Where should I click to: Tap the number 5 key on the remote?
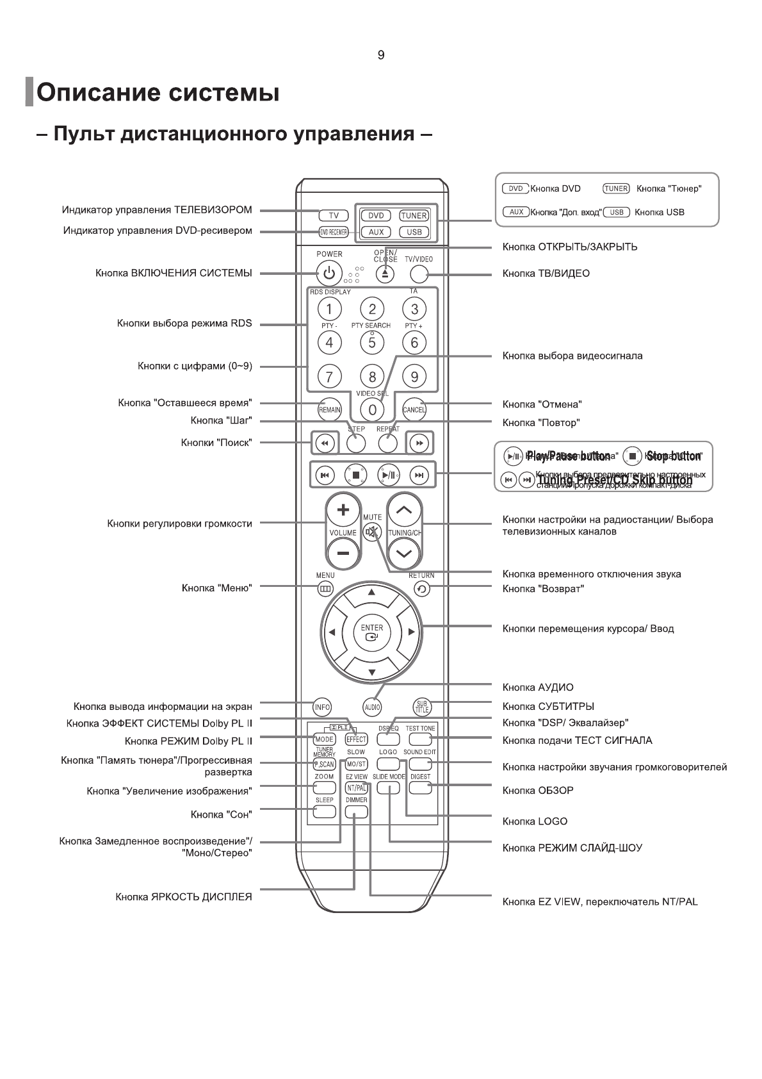pos(372,342)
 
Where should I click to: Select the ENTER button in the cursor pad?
pos(371,632)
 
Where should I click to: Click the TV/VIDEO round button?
pos(418,274)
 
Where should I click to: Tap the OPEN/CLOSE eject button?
pos(385,274)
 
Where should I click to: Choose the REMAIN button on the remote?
pos(329,409)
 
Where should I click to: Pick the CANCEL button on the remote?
pos(414,409)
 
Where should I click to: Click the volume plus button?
pos(343,510)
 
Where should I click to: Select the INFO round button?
pos(322,707)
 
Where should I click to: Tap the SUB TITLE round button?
pos(422,707)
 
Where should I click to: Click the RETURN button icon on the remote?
pos(421,589)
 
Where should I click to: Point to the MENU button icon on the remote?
pos(325,589)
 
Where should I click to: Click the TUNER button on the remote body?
pos(414,216)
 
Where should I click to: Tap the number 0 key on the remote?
pos(372,409)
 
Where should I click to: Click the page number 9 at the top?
pos(381,56)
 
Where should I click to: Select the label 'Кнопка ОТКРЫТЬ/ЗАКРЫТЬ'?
pos(569,247)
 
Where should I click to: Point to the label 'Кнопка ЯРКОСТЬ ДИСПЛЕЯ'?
pos(184,897)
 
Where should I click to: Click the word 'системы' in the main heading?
pos(223,94)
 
